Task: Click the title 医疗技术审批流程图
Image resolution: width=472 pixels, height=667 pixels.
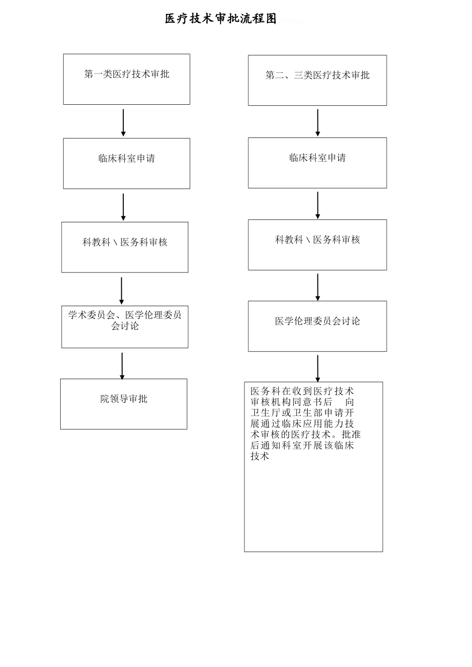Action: click(x=221, y=19)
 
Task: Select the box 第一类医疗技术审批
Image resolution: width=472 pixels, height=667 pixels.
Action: click(x=126, y=79)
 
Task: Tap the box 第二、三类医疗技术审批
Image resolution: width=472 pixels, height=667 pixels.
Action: click(x=317, y=80)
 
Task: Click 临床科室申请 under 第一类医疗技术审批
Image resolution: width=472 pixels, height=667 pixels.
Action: click(x=126, y=163)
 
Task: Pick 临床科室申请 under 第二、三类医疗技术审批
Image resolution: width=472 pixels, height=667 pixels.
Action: click(x=317, y=163)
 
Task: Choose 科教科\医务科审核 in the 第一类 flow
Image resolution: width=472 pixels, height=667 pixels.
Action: click(x=125, y=247)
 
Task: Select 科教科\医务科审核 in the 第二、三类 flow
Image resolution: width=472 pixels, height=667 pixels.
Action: click(x=317, y=245)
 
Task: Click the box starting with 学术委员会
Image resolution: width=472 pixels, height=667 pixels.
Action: click(x=125, y=327)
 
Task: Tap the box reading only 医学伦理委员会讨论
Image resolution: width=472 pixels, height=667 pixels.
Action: click(x=317, y=326)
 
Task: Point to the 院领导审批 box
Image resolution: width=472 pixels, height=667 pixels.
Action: click(x=124, y=404)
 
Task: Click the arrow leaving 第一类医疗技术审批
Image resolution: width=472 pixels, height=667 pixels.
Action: click(x=123, y=122)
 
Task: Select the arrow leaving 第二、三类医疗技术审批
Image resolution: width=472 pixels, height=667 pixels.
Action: click(x=317, y=122)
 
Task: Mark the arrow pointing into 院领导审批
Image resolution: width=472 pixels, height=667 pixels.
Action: click(x=122, y=366)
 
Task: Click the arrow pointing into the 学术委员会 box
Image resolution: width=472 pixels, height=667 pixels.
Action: click(x=122, y=290)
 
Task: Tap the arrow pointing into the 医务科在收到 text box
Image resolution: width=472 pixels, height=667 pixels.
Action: click(x=317, y=368)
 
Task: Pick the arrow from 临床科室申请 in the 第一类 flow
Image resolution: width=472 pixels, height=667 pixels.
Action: click(x=123, y=206)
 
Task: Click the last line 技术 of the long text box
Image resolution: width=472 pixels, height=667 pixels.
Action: click(x=260, y=457)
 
